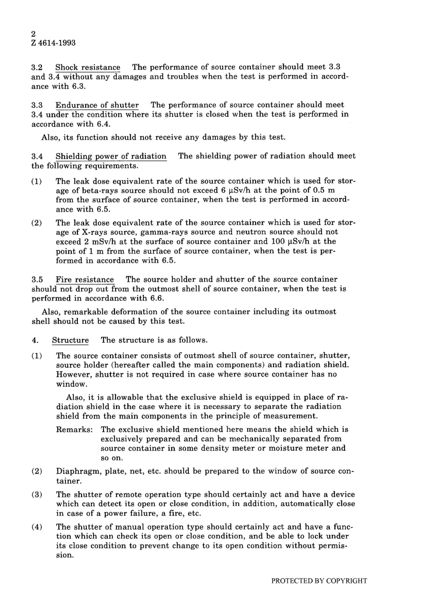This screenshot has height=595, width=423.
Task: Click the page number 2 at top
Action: pyautogui.click(x=34, y=33)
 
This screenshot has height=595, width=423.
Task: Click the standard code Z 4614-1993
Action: pyautogui.click(x=53, y=43)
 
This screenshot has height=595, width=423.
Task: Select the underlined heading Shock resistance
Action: pyautogui.click(x=88, y=67)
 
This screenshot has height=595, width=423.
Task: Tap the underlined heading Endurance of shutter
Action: pyautogui.click(x=97, y=105)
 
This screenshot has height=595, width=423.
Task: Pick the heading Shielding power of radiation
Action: pyautogui.click(x=110, y=156)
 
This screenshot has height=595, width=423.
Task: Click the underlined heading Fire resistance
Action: pyautogui.click(x=85, y=280)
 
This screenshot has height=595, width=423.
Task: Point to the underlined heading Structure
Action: pyautogui.click(x=70, y=340)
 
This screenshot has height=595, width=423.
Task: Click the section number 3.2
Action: pyautogui.click(x=37, y=67)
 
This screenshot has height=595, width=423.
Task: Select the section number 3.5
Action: pyautogui.click(x=37, y=280)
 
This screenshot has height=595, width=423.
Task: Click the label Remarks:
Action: pyautogui.click(x=74, y=430)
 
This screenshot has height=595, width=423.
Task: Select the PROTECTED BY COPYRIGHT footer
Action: pyautogui.click(x=319, y=581)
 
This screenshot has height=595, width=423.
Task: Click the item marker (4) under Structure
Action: pyautogui.click(x=37, y=527)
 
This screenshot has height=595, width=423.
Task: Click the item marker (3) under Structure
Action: pyautogui.click(x=37, y=495)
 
